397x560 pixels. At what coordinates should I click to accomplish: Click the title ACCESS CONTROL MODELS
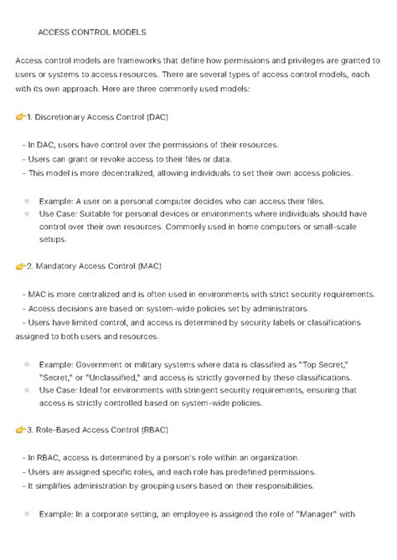(x=92, y=33)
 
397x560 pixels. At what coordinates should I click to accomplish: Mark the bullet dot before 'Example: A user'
(x=28, y=201)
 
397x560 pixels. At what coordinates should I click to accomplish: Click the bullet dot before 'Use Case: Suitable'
(x=28, y=213)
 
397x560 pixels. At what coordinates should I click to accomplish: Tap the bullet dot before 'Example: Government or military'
(x=28, y=364)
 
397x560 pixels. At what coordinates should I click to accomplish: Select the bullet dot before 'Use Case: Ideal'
(x=28, y=389)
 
